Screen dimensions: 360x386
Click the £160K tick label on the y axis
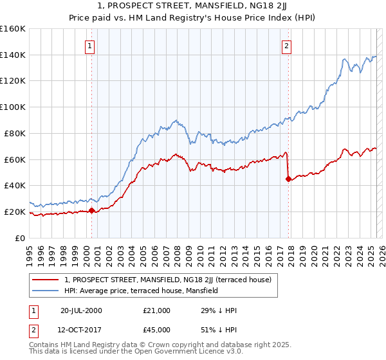[12, 29]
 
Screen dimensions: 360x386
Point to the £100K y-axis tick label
[12, 107]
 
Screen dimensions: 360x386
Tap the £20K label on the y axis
[15, 212]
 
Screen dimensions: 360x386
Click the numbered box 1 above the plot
[89, 46]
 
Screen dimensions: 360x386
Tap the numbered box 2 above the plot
[286, 46]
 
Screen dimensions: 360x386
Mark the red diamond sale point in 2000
[92, 210]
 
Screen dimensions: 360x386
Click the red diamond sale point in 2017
[288, 179]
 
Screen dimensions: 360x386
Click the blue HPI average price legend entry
[142, 291]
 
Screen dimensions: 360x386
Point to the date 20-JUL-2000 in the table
[81, 310]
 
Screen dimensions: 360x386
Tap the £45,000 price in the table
[157, 330]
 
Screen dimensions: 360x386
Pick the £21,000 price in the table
[157, 310]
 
